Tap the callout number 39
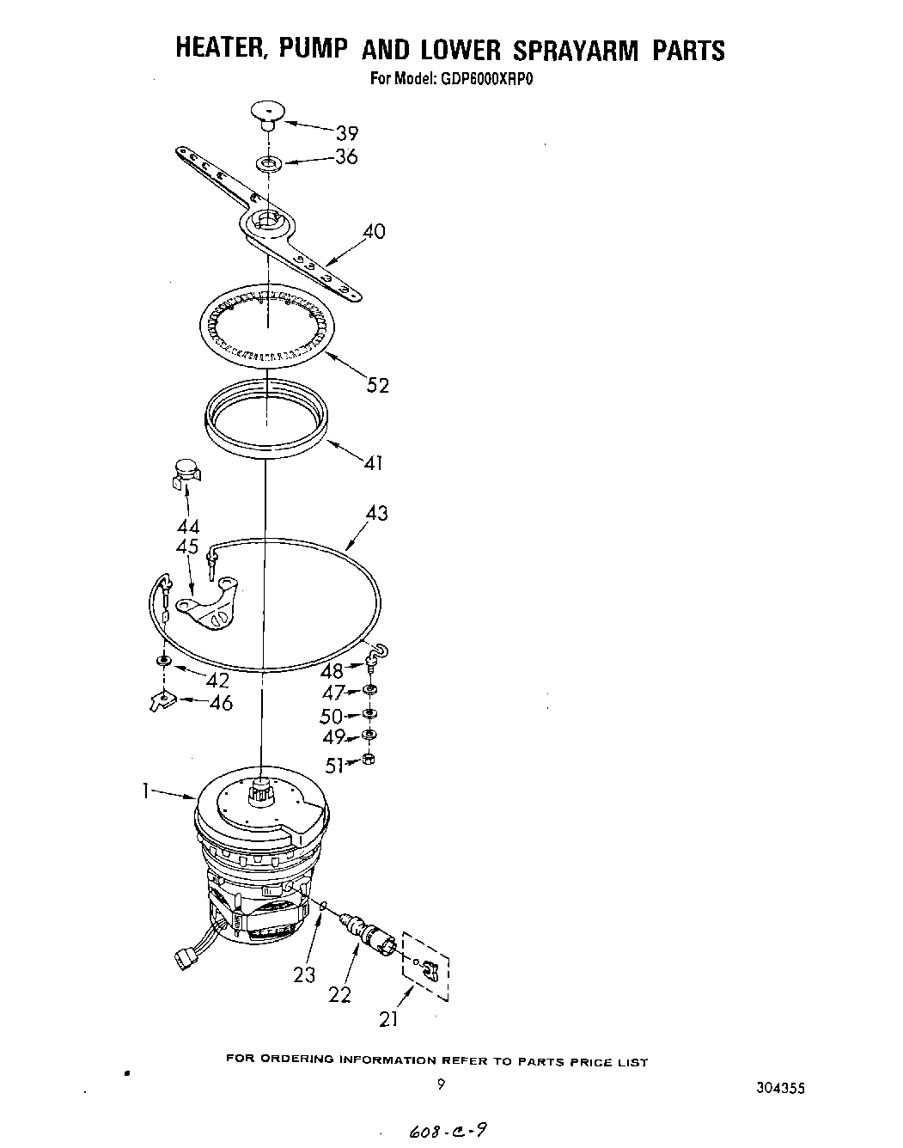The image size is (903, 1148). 347,133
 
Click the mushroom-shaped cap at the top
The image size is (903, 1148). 267,113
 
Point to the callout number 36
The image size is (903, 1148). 346,157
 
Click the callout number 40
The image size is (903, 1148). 374,231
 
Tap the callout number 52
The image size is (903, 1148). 377,385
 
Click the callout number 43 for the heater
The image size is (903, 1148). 376,513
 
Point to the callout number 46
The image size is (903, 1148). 221,703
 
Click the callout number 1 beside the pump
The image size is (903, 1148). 148,792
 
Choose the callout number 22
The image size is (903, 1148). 341,994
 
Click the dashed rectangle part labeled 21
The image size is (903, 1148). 426,965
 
